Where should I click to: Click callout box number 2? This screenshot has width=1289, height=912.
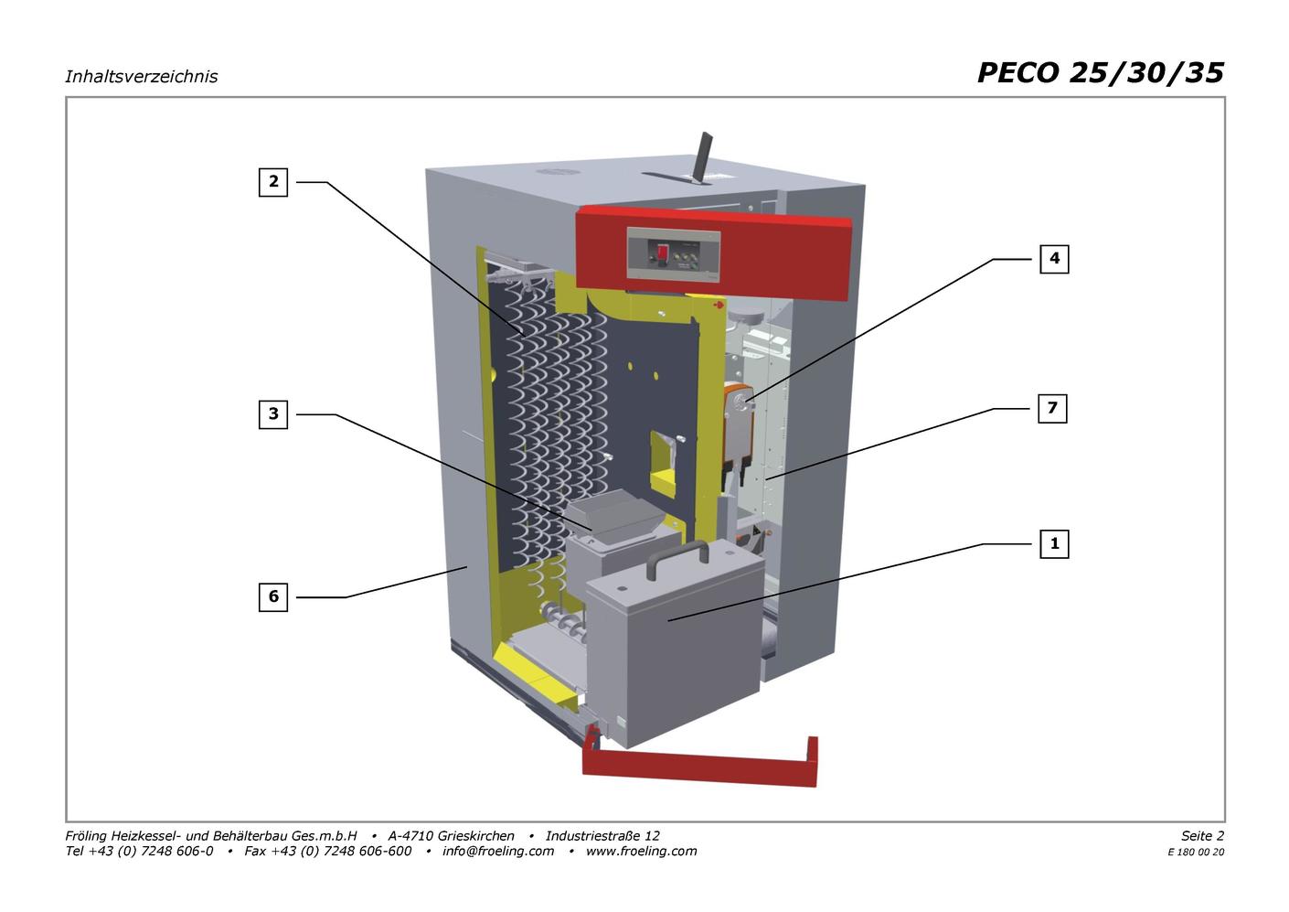[272, 182]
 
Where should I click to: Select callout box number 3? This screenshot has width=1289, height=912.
[272, 414]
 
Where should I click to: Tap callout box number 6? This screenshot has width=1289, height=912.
[272, 596]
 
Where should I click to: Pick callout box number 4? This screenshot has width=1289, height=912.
[1054, 259]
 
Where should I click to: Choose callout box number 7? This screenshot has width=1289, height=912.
[1052, 408]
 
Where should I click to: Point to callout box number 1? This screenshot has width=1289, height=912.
[1054, 544]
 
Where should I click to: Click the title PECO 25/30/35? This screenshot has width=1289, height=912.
[1101, 73]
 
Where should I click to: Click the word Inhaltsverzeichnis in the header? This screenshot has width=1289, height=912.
[142, 77]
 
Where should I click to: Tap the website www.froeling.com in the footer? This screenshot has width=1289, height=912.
[641, 851]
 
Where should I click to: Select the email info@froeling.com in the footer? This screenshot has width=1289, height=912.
[498, 851]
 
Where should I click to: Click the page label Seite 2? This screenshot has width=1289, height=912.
[1203, 835]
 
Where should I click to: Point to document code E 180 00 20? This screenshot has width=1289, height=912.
[1196, 853]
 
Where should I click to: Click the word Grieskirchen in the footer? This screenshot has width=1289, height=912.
[476, 835]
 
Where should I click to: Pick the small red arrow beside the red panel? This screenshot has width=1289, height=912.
[719, 305]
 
